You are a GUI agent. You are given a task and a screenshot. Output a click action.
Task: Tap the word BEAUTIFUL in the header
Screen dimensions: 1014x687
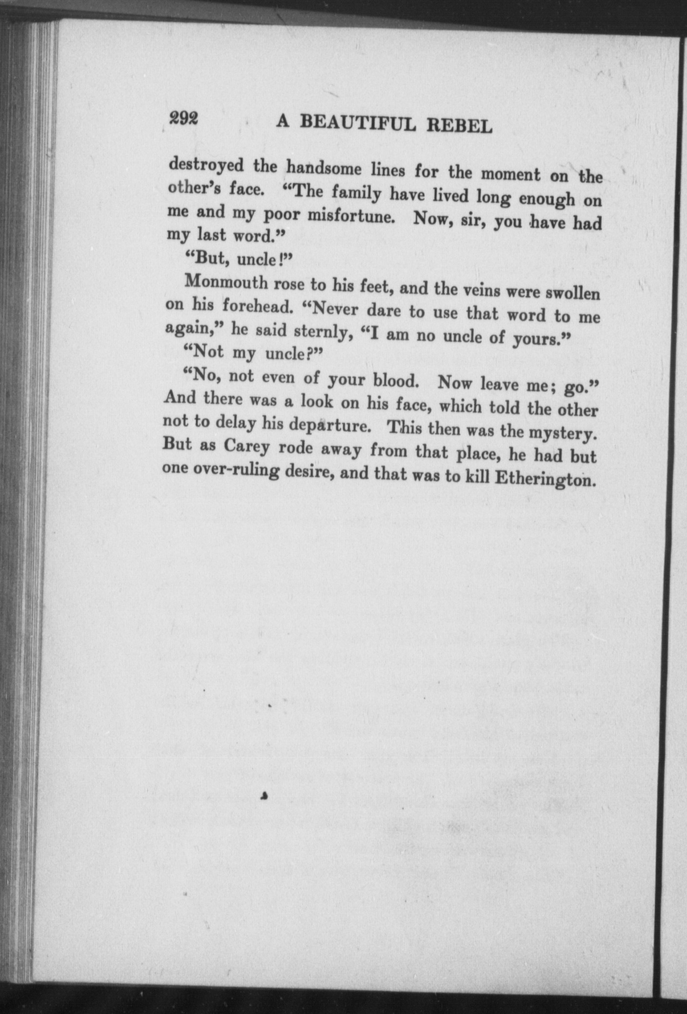[x=358, y=123]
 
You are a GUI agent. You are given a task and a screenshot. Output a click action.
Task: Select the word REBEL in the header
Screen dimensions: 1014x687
[x=460, y=126]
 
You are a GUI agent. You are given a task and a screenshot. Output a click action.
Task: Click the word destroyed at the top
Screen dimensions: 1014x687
[x=206, y=165]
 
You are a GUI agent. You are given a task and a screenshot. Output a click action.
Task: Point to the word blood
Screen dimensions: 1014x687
[x=396, y=380]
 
